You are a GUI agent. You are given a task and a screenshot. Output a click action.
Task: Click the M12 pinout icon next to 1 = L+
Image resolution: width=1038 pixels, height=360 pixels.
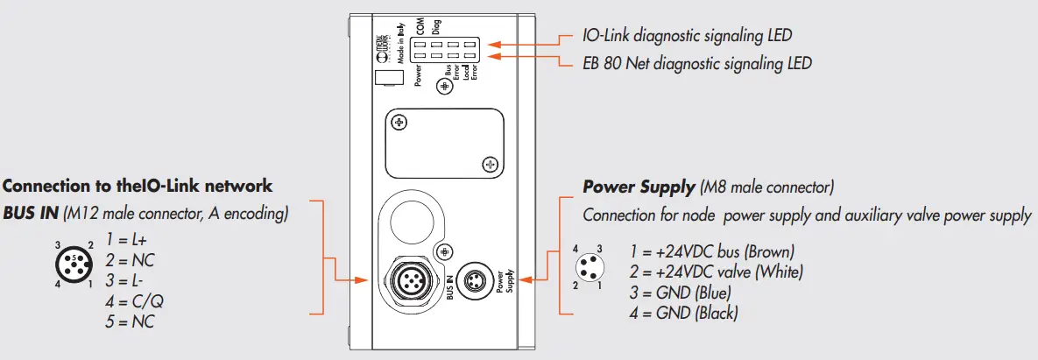coord(74,265)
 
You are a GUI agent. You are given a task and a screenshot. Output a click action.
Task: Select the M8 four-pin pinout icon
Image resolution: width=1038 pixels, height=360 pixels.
coord(587,268)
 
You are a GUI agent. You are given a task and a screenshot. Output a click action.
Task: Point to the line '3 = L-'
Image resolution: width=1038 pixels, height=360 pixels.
coord(125,280)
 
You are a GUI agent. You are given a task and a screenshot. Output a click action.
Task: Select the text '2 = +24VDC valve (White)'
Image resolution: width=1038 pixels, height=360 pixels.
coord(716,272)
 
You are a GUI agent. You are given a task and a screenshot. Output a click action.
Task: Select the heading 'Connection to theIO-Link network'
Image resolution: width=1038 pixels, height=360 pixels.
coord(138,186)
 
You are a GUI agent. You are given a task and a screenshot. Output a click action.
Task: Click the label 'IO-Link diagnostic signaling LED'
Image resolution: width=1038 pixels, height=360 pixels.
coord(687,36)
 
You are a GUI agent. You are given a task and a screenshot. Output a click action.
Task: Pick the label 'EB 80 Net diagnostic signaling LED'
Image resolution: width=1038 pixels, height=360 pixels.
coord(696,63)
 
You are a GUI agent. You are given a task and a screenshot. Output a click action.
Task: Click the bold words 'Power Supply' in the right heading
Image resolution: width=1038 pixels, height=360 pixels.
coord(639,187)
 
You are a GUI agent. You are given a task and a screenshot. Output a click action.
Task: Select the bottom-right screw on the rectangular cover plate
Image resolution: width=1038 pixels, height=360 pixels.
coord(490,163)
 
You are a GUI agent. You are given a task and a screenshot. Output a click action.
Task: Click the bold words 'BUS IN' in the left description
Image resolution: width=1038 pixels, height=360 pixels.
coord(30,213)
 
